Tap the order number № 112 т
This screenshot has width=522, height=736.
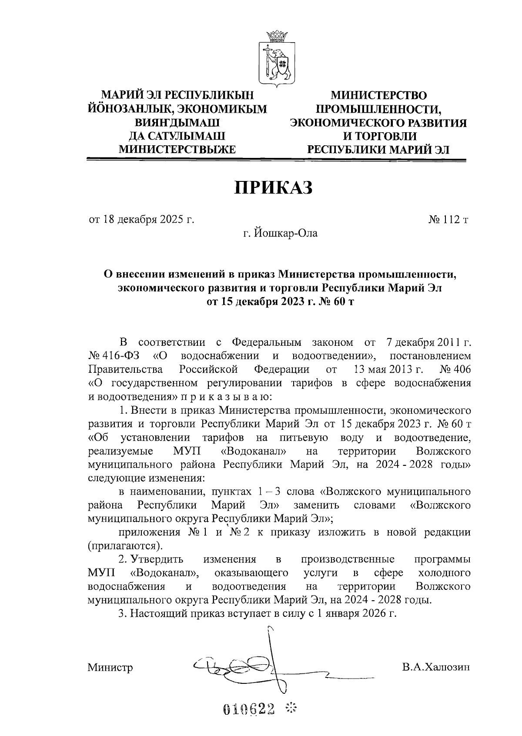(448, 220)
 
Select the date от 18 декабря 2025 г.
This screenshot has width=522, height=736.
(141, 220)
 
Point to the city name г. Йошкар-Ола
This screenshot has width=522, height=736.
(280, 234)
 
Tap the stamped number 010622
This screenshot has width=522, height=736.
(249, 710)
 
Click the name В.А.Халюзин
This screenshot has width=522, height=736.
(436, 667)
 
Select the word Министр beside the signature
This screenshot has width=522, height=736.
(110, 667)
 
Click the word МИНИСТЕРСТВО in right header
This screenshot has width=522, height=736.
(378, 95)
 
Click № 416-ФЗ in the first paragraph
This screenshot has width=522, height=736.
(114, 356)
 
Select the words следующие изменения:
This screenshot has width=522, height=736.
(146, 478)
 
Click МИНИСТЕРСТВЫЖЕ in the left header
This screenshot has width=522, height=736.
(177, 150)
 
